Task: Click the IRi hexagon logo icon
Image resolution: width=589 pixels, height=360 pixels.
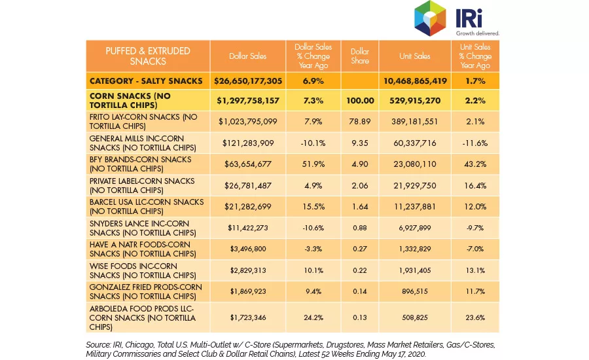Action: [430, 18]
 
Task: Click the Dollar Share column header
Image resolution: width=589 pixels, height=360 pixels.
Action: [360, 56]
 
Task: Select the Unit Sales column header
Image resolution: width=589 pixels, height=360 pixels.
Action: [415, 56]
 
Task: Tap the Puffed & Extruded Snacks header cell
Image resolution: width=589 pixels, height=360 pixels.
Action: [148, 56]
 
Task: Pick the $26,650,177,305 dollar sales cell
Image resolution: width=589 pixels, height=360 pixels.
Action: [248, 81]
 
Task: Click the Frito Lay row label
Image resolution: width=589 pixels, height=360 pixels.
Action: [143, 121]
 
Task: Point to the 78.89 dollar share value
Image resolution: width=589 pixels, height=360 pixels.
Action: [360, 121]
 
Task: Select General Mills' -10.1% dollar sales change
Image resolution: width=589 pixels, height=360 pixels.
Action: [313, 143]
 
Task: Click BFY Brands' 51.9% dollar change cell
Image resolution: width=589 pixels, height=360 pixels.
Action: [313, 164]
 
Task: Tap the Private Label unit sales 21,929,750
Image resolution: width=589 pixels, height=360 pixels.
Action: [415, 185]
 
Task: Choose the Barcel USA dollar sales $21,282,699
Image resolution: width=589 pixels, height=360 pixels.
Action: [248, 206]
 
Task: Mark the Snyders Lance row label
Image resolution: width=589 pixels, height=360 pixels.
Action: [143, 228]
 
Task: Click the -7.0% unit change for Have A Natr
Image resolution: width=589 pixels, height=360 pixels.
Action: [475, 249]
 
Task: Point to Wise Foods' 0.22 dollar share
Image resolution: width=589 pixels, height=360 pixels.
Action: [360, 270]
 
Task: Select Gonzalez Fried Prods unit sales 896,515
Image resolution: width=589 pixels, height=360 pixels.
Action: [415, 291]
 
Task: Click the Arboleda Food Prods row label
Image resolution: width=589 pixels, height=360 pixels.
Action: [143, 317]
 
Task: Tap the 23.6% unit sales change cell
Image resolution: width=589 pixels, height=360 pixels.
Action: [475, 317]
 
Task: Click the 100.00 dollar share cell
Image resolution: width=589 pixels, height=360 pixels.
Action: [360, 100]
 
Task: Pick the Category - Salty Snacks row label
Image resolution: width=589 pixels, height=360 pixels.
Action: [146, 81]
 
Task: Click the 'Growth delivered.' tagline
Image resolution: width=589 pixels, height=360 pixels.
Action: [478, 33]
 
